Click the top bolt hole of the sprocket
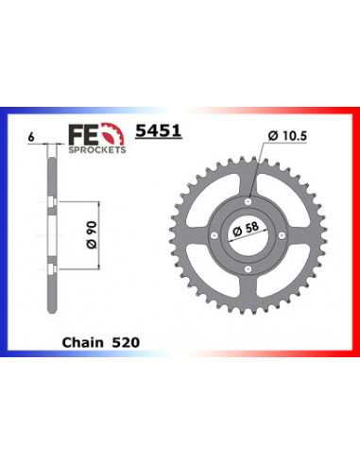point(248,199)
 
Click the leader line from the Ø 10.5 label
point(257,170)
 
